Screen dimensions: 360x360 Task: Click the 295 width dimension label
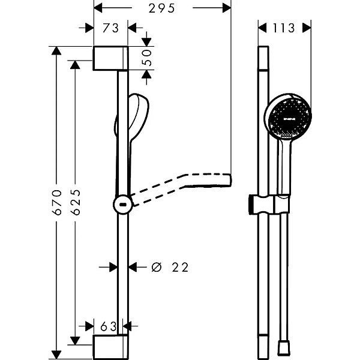point(162,8)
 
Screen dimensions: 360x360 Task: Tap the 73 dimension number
point(110,28)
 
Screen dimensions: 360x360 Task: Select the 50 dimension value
point(146,58)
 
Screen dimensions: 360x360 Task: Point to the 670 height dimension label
point(57,202)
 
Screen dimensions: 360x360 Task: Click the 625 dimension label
point(76,202)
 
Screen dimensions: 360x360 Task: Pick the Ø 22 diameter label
point(170,267)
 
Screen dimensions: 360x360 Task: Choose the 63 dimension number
point(109,326)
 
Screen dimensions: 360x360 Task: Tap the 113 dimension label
point(284,28)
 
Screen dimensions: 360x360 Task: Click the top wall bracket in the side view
point(110,58)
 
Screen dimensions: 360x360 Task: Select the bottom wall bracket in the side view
point(110,347)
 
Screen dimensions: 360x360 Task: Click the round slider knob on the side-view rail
point(123,205)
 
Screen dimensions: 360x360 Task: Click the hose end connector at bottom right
point(283,348)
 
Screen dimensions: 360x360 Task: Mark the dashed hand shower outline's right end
point(230,179)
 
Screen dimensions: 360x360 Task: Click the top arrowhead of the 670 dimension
point(56,50)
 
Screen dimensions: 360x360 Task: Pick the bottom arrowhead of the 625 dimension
point(76,340)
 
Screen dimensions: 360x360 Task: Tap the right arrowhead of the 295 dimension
point(227,8)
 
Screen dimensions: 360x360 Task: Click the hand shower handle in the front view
point(284,166)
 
